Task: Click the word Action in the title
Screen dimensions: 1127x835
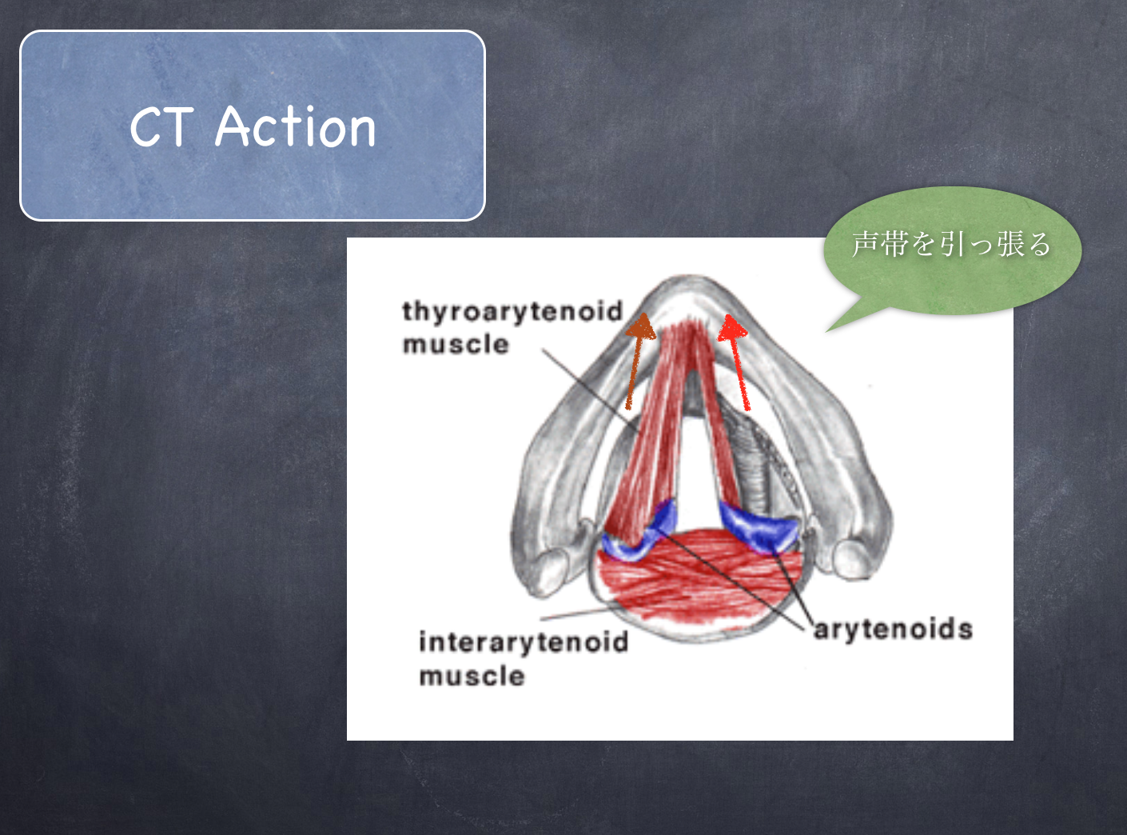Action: pos(296,126)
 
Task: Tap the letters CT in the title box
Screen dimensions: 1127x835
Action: pos(161,127)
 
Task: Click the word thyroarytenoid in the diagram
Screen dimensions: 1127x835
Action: pos(512,311)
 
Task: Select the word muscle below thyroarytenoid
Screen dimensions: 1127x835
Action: pos(456,344)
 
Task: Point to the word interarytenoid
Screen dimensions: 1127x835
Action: pos(524,641)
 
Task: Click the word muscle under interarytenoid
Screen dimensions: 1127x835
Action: pos(472,676)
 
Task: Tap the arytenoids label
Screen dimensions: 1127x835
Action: pos(894,630)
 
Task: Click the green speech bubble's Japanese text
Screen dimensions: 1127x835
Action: pos(951,244)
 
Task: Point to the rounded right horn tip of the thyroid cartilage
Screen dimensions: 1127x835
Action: pos(854,559)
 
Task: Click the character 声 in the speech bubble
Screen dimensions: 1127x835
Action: pos(866,244)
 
